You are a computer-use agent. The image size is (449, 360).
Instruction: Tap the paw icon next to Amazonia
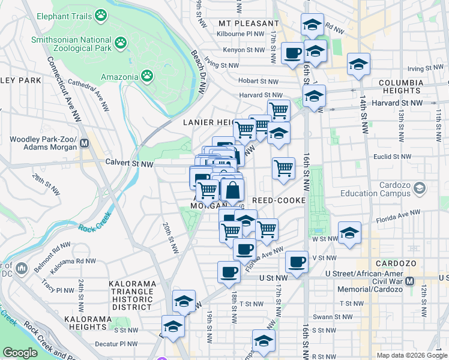(147, 76)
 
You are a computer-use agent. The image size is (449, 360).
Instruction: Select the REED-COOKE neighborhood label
(279, 200)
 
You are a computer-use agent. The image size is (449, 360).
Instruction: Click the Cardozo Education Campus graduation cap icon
(420, 188)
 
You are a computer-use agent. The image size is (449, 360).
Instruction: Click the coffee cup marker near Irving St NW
(292, 53)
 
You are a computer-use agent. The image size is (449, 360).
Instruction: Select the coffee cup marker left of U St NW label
(228, 272)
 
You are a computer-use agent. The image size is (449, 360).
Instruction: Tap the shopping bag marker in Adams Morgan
(233, 190)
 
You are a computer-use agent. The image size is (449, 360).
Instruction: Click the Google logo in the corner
(20, 353)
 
